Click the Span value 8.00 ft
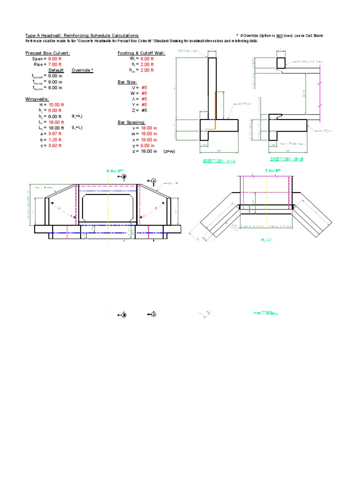pyautogui.click(x=55, y=59)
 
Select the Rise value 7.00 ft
pyautogui.click(x=55, y=64)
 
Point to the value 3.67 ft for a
pyautogui.click(x=54, y=134)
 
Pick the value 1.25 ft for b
pyautogui.click(x=54, y=140)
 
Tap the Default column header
pyautogui.click(x=56, y=70)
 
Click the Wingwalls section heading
pyautogui.click(x=37, y=99)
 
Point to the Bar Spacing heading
pyautogui.click(x=132, y=122)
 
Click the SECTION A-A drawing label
pyautogui.click(x=219, y=161)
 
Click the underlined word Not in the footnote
pyautogui.click(x=279, y=36)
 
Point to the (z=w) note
pyautogui.click(x=169, y=151)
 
